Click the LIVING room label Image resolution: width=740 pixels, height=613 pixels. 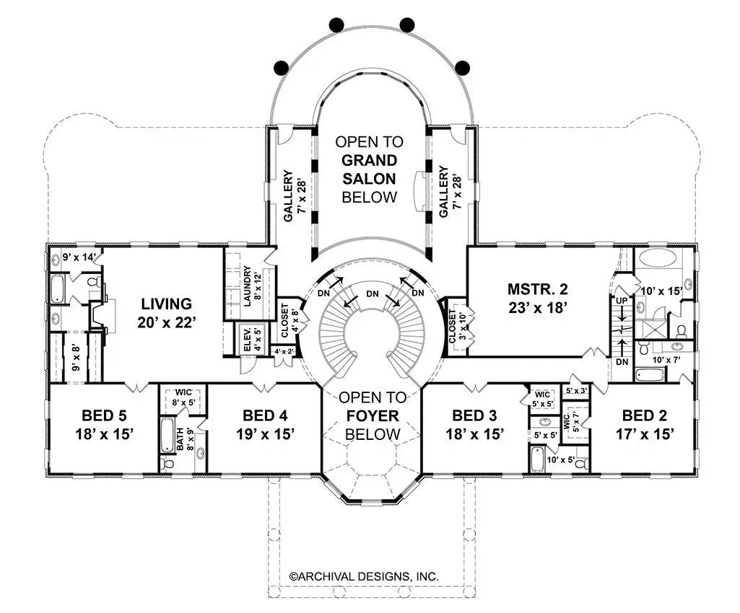pyautogui.click(x=167, y=304)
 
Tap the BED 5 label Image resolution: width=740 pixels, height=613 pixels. pyautogui.click(x=104, y=415)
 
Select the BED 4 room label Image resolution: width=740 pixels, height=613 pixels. pyautogui.click(x=265, y=415)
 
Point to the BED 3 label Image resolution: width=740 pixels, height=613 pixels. pyautogui.click(x=475, y=415)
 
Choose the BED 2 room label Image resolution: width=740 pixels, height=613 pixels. pyautogui.click(x=645, y=415)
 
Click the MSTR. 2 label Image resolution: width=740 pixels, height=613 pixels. pyautogui.click(x=538, y=288)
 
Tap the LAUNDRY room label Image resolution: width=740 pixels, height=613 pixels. pyautogui.click(x=248, y=286)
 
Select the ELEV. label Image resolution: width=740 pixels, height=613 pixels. pyautogui.click(x=247, y=338)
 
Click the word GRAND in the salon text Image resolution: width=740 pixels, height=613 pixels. pyautogui.click(x=369, y=160)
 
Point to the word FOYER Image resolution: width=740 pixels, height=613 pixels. pyautogui.click(x=373, y=416)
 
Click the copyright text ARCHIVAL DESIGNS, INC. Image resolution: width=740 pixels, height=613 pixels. pyautogui.click(x=364, y=576)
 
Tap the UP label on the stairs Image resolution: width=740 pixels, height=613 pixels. pyautogui.click(x=622, y=301)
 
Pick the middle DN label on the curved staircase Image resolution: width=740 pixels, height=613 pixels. pyautogui.click(x=373, y=294)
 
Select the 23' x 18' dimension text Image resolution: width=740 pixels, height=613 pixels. pyautogui.click(x=538, y=307)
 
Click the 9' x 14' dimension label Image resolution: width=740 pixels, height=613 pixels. pyautogui.click(x=79, y=257)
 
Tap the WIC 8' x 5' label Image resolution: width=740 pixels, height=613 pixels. pyautogui.click(x=183, y=398)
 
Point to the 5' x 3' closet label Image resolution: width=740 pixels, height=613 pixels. pyautogui.click(x=576, y=390)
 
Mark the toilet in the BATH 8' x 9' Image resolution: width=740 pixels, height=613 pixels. pyautogui.click(x=167, y=463)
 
